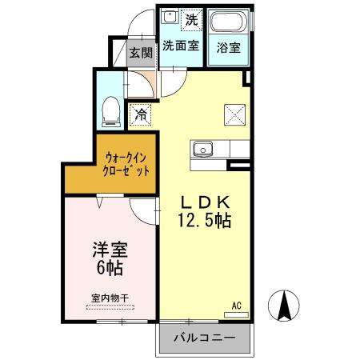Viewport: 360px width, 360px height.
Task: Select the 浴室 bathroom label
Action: pos(228,46)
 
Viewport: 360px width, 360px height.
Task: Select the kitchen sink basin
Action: pos(201,148)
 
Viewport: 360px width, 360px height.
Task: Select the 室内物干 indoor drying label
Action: pos(110,298)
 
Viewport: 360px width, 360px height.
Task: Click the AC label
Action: pos(237,305)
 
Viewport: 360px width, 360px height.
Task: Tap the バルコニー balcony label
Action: pos(206,338)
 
